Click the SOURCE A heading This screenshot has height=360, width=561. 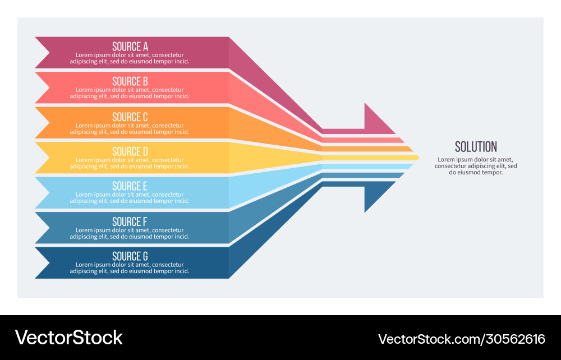click(130, 47)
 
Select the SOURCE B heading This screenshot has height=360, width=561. click(130, 81)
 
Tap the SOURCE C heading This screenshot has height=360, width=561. click(130, 117)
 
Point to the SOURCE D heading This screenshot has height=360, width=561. click(130, 151)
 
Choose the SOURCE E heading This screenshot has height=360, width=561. click(130, 186)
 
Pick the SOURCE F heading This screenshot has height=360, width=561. click(130, 221)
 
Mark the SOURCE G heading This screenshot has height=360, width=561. click(130, 256)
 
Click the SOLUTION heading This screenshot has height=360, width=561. click(476, 147)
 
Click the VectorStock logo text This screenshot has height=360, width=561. click(68, 337)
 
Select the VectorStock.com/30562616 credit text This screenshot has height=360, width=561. click(462, 339)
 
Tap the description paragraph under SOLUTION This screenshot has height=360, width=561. click(476, 166)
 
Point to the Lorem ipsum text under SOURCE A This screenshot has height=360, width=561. click(130, 58)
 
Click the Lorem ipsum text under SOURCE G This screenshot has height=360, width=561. click(130, 268)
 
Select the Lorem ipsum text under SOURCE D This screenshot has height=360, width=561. click(130, 163)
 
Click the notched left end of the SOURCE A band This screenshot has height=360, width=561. click(45, 53)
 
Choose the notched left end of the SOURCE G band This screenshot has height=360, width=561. click(45, 262)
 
